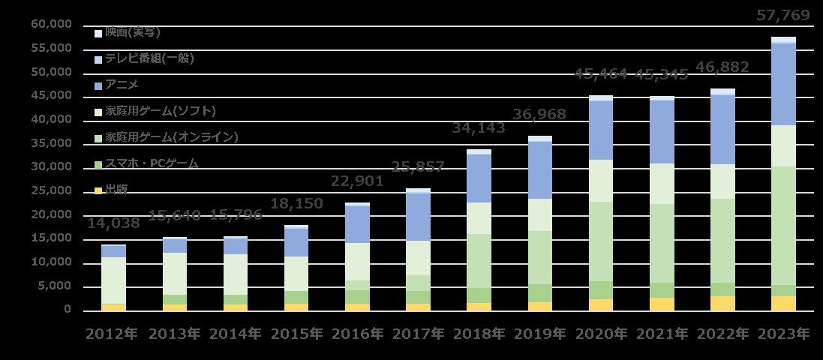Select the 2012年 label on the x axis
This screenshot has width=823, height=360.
[x=113, y=334]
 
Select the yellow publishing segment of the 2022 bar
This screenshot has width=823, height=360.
[x=722, y=303]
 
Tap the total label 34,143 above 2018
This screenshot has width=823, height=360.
[x=479, y=128]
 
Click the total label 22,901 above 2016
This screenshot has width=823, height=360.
[x=357, y=181]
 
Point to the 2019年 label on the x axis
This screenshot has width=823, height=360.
[x=539, y=334]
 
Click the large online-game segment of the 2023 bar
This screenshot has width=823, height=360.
[x=783, y=225]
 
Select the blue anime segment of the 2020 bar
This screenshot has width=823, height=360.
[x=600, y=130]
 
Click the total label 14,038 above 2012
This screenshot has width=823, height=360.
[x=114, y=223]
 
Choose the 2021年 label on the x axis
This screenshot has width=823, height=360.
[x=661, y=334]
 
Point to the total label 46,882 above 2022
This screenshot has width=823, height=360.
[x=722, y=67]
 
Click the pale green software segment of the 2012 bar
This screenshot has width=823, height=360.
[x=114, y=280]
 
